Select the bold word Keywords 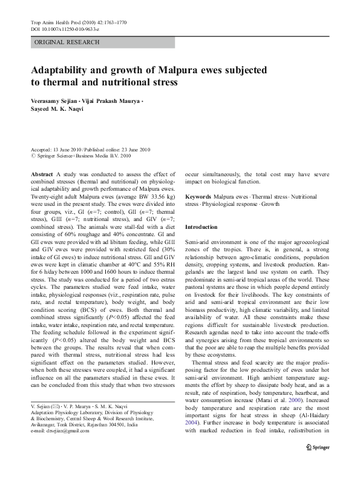198,197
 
